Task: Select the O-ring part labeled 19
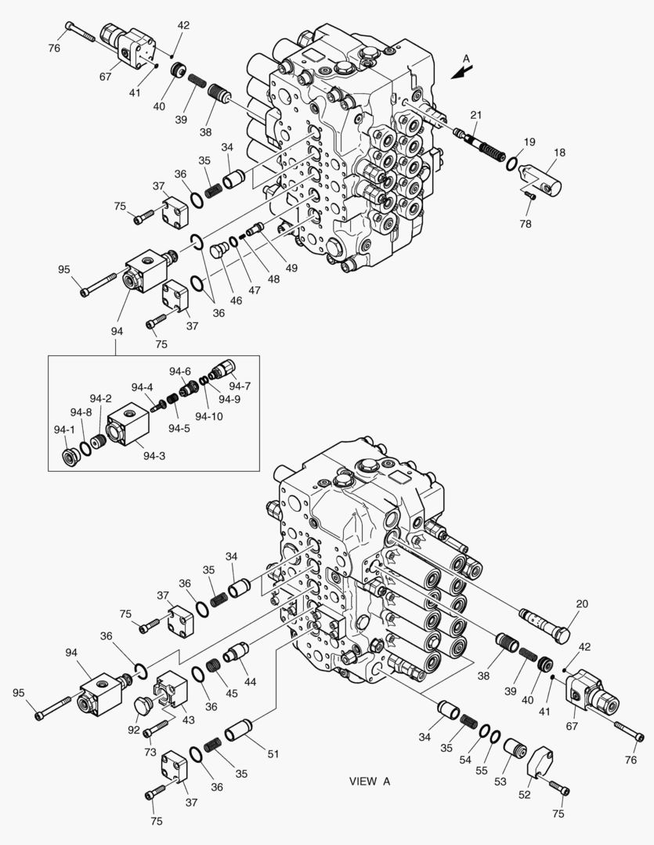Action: coord(511,164)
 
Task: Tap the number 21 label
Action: coord(475,116)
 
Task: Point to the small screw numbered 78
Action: coord(530,196)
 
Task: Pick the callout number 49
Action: coord(292,268)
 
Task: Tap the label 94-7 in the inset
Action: coord(240,386)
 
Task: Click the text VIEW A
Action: coord(369,781)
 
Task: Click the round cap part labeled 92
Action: coord(144,707)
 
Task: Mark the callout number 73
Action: coord(150,752)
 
